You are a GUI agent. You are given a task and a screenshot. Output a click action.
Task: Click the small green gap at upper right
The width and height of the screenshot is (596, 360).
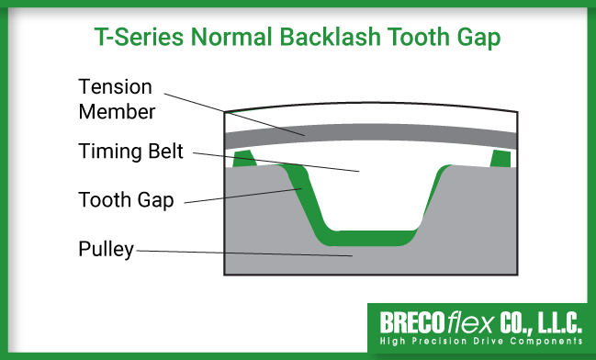pos(500,159)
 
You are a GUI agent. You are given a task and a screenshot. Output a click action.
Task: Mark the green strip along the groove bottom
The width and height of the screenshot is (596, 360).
pos(367,242)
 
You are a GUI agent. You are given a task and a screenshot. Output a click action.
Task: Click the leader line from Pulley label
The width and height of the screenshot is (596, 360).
pos(239,252)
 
